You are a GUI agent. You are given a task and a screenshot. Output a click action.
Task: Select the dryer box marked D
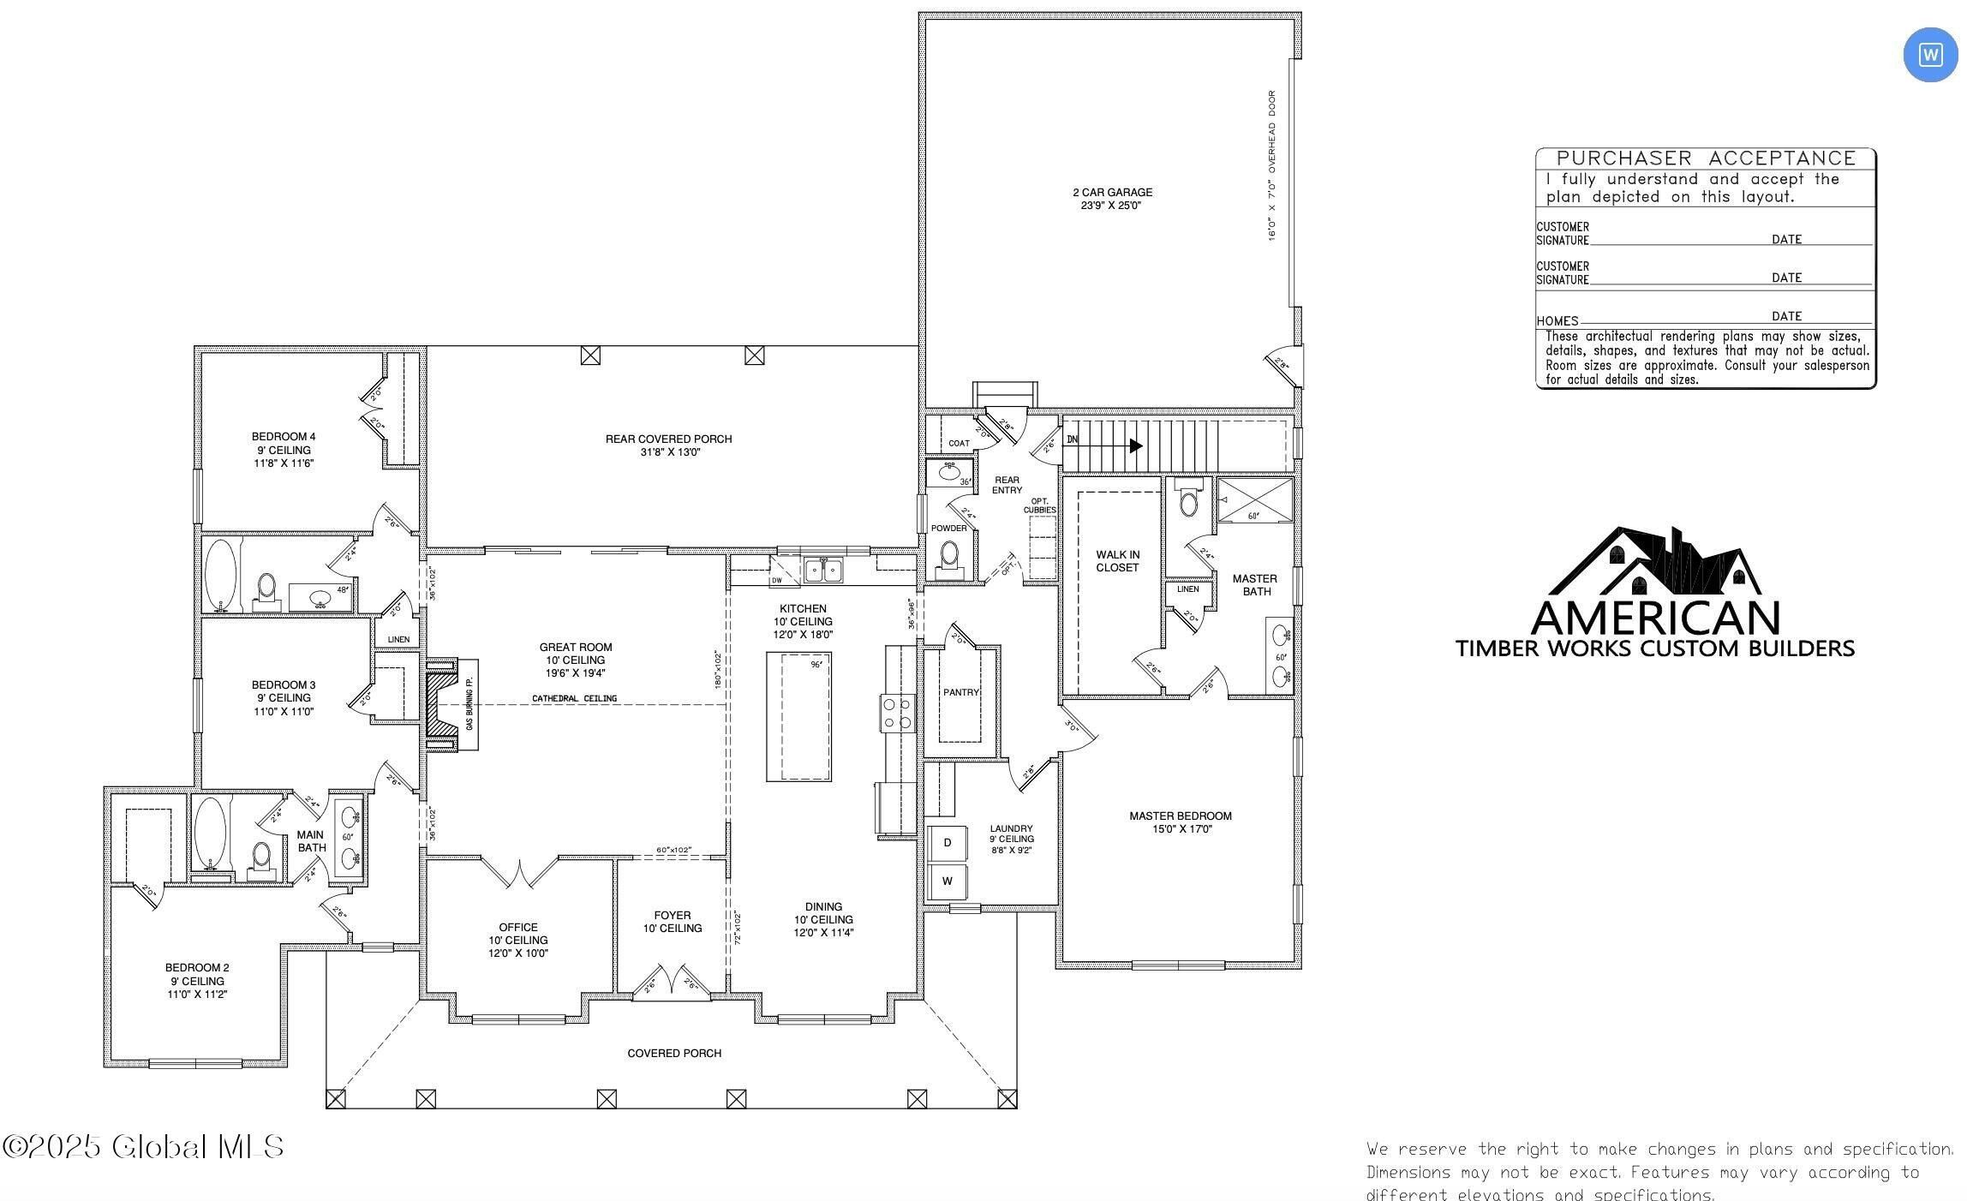[947, 843]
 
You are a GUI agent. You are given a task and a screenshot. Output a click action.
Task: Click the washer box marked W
[947, 881]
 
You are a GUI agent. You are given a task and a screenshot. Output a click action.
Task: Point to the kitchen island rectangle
[798, 716]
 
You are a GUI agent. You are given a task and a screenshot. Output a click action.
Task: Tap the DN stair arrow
[1106, 445]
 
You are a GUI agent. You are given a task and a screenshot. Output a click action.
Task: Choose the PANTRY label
[960, 692]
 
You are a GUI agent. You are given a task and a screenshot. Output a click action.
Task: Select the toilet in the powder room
[948, 557]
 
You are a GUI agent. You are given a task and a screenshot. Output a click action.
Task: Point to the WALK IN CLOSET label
[1117, 561]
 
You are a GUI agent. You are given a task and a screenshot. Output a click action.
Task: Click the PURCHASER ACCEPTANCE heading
[1705, 158]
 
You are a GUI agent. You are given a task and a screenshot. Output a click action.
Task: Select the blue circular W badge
[1930, 55]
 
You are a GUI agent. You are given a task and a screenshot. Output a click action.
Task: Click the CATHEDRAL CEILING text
[574, 699]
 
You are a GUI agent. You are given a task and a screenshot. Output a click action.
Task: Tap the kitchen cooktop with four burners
[897, 713]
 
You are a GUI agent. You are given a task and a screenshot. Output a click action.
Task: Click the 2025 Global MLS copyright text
[143, 1147]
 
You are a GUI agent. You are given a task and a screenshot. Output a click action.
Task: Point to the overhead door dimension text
[1272, 166]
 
